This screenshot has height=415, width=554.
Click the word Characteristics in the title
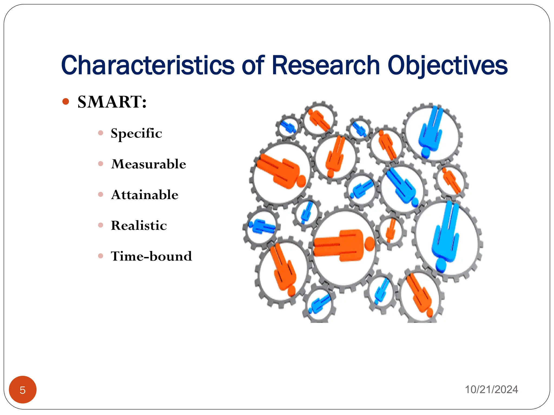click(x=148, y=65)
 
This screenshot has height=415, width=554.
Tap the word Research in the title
click(x=326, y=65)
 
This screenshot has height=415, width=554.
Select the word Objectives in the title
click(x=447, y=65)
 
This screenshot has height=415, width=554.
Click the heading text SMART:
click(x=112, y=102)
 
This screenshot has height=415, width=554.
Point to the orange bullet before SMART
click(x=65, y=102)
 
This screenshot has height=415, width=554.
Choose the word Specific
click(x=136, y=133)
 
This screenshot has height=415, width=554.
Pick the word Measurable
click(x=149, y=164)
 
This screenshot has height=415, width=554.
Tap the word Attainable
click(x=145, y=195)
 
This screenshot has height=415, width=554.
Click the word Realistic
click(x=139, y=225)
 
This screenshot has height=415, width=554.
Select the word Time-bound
click(x=151, y=256)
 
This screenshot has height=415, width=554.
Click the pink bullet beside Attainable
click(x=101, y=195)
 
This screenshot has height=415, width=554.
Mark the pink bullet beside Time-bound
click(x=101, y=256)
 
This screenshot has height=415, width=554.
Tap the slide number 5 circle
click(x=23, y=390)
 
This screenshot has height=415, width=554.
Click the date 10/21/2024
click(x=491, y=390)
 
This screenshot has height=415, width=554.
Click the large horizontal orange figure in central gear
click(x=342, y=245)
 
